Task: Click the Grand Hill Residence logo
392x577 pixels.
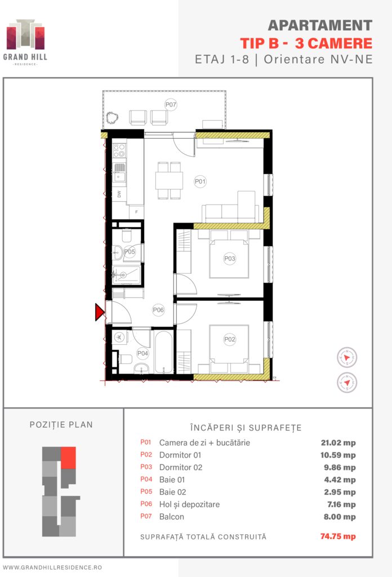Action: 25,42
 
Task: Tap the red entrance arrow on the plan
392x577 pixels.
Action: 100,312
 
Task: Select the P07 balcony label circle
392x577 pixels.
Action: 171,104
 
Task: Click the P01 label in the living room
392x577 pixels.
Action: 200,181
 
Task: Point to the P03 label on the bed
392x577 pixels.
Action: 229,259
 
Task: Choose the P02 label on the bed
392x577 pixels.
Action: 229,339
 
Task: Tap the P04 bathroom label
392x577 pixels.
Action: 142,354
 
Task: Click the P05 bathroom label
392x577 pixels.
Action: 130,252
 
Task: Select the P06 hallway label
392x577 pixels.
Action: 158,310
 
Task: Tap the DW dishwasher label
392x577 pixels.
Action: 119,194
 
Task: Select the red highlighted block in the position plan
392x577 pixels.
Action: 68,458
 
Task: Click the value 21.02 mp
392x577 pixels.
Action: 338,443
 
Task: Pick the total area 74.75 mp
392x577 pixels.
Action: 338,536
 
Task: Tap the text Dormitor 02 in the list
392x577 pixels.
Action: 181,467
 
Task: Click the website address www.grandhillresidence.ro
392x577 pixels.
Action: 52,567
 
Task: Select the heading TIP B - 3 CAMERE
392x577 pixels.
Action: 306,43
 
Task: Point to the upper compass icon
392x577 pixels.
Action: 347,357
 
